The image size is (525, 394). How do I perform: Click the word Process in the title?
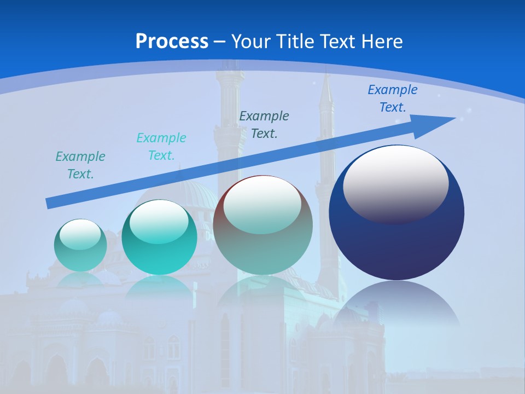[x=172, y=42]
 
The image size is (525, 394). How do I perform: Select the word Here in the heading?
[x=382, y=42]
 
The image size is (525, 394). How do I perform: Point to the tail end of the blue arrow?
[x=49, y=203]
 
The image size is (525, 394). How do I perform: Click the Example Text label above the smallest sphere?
[x=80, y=165]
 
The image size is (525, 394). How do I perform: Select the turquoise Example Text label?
[x=161, y=147]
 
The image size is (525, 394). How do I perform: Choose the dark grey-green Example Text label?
[x=264, y=124]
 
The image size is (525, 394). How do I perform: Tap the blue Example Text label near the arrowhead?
[x=393, y=99]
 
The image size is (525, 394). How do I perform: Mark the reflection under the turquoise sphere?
[x=159, y=287]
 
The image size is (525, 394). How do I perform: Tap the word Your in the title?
[x=250, y=42]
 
